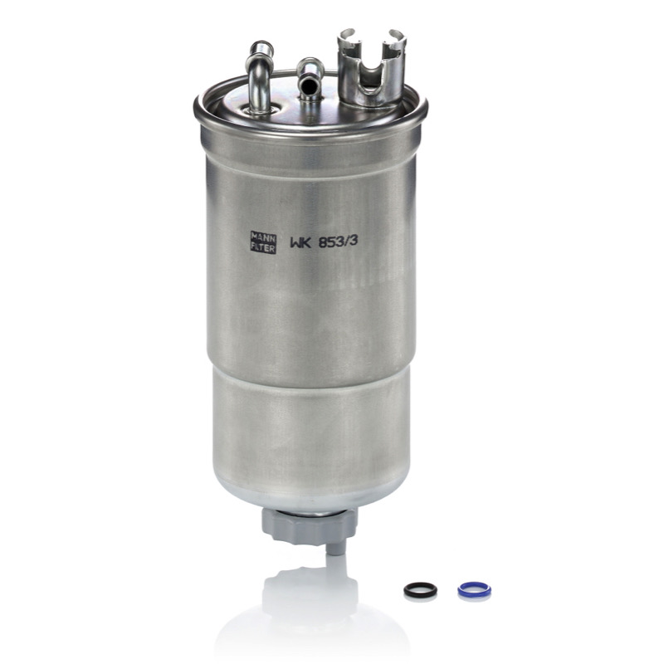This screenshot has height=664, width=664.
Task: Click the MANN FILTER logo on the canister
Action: [263, 242]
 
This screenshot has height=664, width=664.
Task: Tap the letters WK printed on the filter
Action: [300, 242]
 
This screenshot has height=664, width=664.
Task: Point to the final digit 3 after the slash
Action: [354, 241]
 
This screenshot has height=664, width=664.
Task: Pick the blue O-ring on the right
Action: [474, 589]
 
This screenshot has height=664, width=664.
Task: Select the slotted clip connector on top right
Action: [371, 67]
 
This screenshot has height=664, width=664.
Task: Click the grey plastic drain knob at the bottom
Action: [309, 525]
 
